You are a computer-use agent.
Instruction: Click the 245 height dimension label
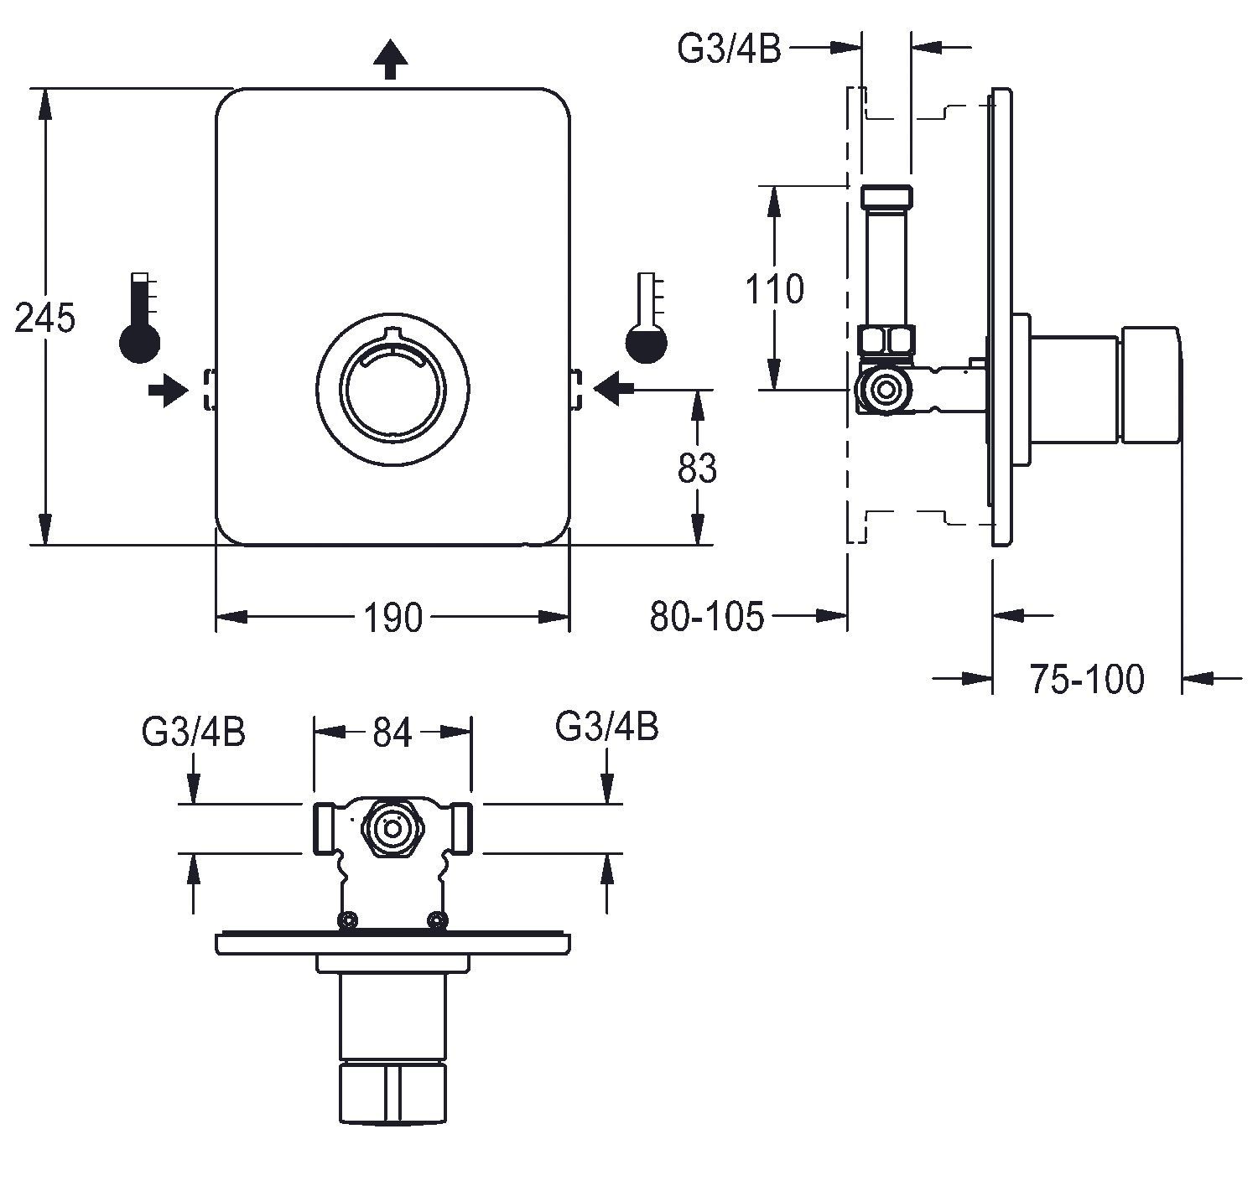coord(44,319)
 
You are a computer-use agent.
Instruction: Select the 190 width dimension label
coord(392,618)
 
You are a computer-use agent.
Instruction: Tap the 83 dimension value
coord(697,468)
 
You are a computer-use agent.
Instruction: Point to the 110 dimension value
coord(774,288)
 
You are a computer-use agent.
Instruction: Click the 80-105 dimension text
coord(707,617)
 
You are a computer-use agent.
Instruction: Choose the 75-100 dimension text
coord(1086,679)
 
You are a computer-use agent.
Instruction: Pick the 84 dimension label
coord(392,733)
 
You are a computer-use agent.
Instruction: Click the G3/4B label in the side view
coord(729,49)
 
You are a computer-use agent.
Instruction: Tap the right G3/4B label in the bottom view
coord(607,727)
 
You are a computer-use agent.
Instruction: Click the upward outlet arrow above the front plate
coord(390,60)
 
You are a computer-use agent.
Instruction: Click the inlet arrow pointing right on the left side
coord(168,389)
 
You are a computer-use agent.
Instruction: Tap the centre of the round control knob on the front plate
coord(393,387)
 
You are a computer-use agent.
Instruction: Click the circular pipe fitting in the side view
coord(883,390)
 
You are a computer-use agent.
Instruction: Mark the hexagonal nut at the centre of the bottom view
coord(391,829)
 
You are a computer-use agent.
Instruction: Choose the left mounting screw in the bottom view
coord(347,921)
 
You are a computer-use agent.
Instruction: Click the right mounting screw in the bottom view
coord(436,921)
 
